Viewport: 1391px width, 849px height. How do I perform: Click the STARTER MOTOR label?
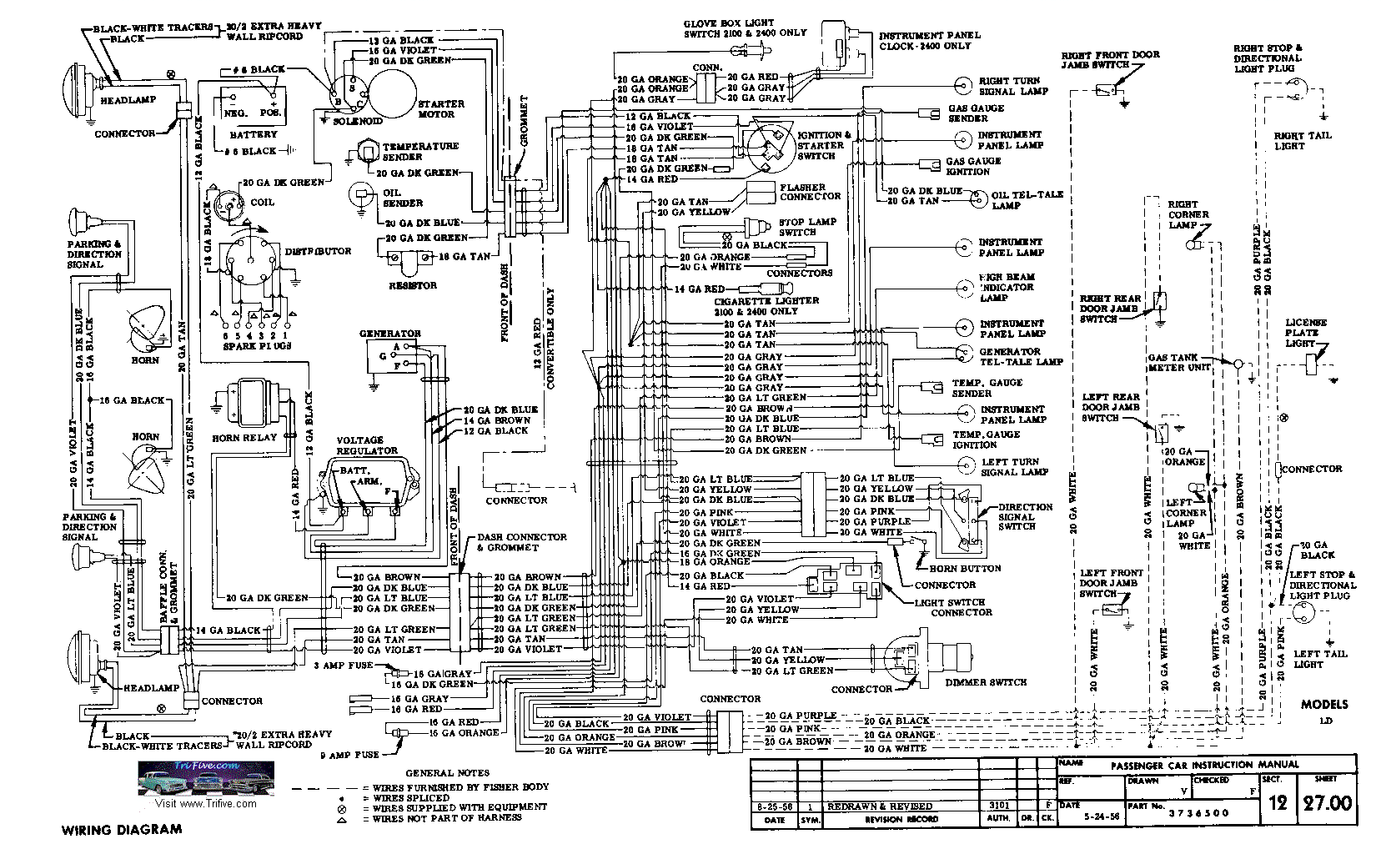pyautogui.click(x=440, y=109)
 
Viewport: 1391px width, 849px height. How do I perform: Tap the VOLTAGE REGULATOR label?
pyautogui.click(x=360, y=445)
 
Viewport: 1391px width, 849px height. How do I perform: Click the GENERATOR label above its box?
pyautogui.click(x=390, y=334)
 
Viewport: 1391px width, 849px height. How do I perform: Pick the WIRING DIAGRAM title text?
pyautogui.click(x=122, y=829)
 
